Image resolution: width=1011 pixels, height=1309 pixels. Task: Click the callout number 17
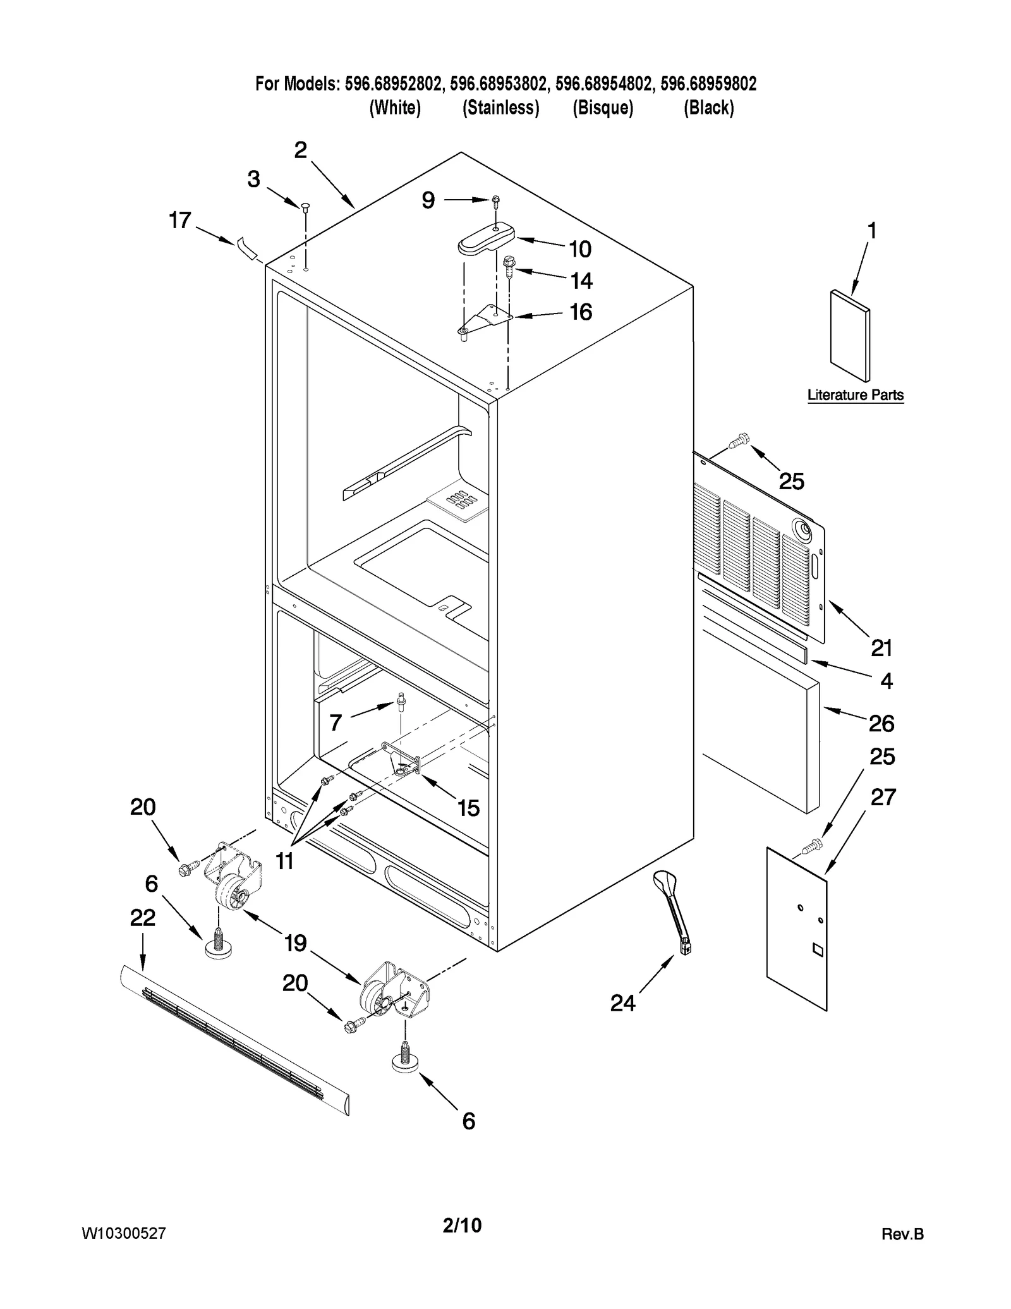(x=179, y=221)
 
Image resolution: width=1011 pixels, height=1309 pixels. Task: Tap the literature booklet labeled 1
(x=850, y=336)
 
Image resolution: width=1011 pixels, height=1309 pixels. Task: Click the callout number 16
(x=581, y=312)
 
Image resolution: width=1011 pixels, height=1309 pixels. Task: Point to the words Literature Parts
(x=856, y=395)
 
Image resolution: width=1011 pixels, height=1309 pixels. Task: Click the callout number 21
(x=881, y=648)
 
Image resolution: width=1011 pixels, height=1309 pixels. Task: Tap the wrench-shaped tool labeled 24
(x=672, y=910)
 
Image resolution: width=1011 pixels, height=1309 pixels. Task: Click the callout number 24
(x=622, y=1003)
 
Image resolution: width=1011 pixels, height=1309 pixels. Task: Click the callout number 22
(x=143, y=918)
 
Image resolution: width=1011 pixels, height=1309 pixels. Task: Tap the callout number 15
(x=468, y=808)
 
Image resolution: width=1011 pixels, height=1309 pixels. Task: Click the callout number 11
(x=284, y=860)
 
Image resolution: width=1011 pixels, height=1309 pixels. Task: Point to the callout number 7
(x=336, y=722)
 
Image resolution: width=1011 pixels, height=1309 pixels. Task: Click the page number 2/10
(x=462, y=1225)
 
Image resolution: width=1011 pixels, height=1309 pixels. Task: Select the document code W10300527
(x=124, y=1233)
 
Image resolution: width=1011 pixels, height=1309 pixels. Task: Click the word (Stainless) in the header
(x=500, y=108)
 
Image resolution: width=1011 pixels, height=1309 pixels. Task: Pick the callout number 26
(x=881, y=723)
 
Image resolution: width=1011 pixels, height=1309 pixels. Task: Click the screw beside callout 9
(x=496, y=200)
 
